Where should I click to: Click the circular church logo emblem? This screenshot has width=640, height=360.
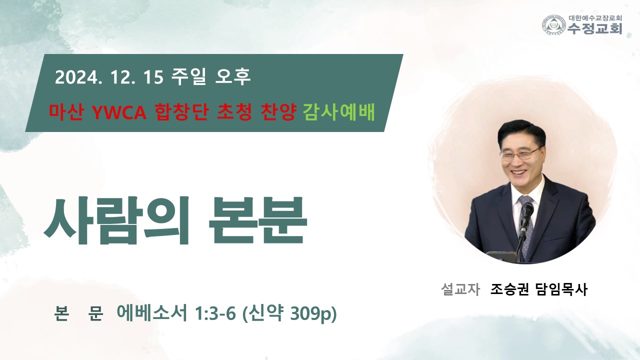click(x=554, y=25)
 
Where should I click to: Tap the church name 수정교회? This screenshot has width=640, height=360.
click(x=595, y=28)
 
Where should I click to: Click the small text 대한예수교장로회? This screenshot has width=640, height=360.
click(x=595, y=18)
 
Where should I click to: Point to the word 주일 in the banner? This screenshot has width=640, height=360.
click(x=188, y=76)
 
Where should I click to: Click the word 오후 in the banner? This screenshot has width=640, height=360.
click(x=233, y=76)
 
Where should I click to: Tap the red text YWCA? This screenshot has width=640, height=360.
click(x=119, y=112)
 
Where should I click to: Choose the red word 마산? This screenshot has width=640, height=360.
click(x=66, y=112)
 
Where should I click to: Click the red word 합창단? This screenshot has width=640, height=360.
click(x=181, y=112)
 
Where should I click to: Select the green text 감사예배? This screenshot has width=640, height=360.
click(x=338, y=112)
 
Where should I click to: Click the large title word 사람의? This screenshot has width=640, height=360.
click(x=116, y=220)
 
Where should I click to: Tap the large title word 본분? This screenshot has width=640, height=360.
click(x=257, y=220)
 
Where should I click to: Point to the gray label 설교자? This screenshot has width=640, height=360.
click(x=460, y=289)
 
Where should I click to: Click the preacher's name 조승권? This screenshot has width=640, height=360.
click(x=509, y=289)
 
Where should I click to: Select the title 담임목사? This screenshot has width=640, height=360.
click(x=562, y=289)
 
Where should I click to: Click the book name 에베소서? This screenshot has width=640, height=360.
click(x=152, y=313)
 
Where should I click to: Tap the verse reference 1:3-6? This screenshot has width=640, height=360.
click(x=215, y=313)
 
